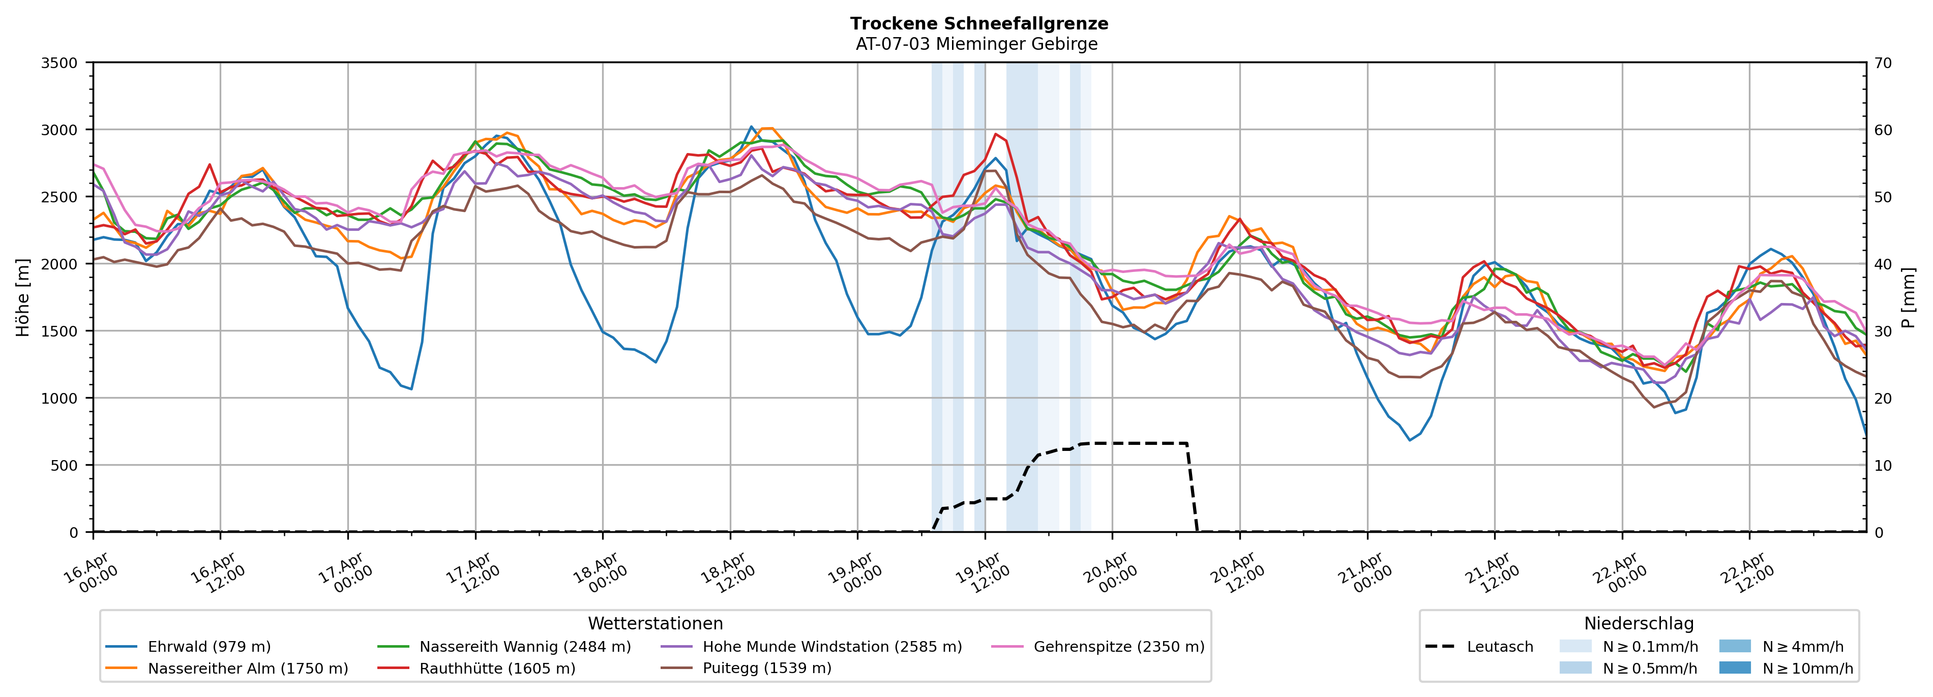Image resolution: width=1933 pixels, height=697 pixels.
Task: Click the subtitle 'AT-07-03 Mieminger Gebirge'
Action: point(976,44)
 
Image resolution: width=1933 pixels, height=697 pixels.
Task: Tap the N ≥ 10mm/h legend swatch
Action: point(1734,668)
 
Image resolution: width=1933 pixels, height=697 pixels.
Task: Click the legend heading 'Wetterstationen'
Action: point(655,623)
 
